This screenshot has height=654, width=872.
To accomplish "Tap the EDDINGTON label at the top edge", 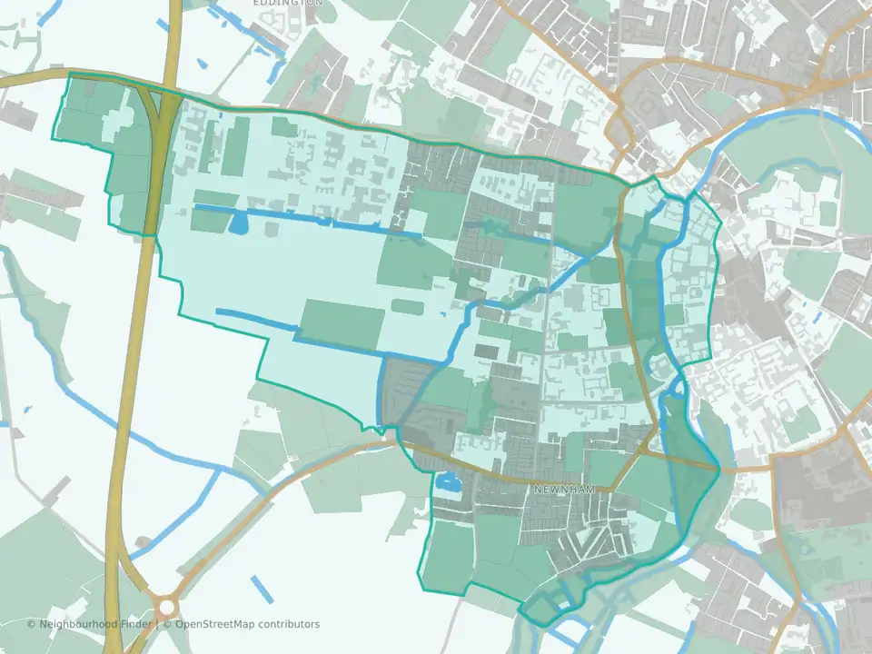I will tap(287, 3).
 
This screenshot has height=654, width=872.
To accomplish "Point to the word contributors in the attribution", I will tap(289, 624).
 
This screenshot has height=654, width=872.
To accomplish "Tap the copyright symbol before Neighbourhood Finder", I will tap(32, 624).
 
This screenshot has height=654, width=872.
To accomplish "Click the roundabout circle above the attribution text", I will tap(164, 604).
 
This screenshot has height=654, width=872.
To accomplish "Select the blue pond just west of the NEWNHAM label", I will tap(447, 485).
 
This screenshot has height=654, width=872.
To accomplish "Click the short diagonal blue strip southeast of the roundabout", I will tap(262, 589).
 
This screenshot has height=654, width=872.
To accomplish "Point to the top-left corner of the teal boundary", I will tap(70, 74).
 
